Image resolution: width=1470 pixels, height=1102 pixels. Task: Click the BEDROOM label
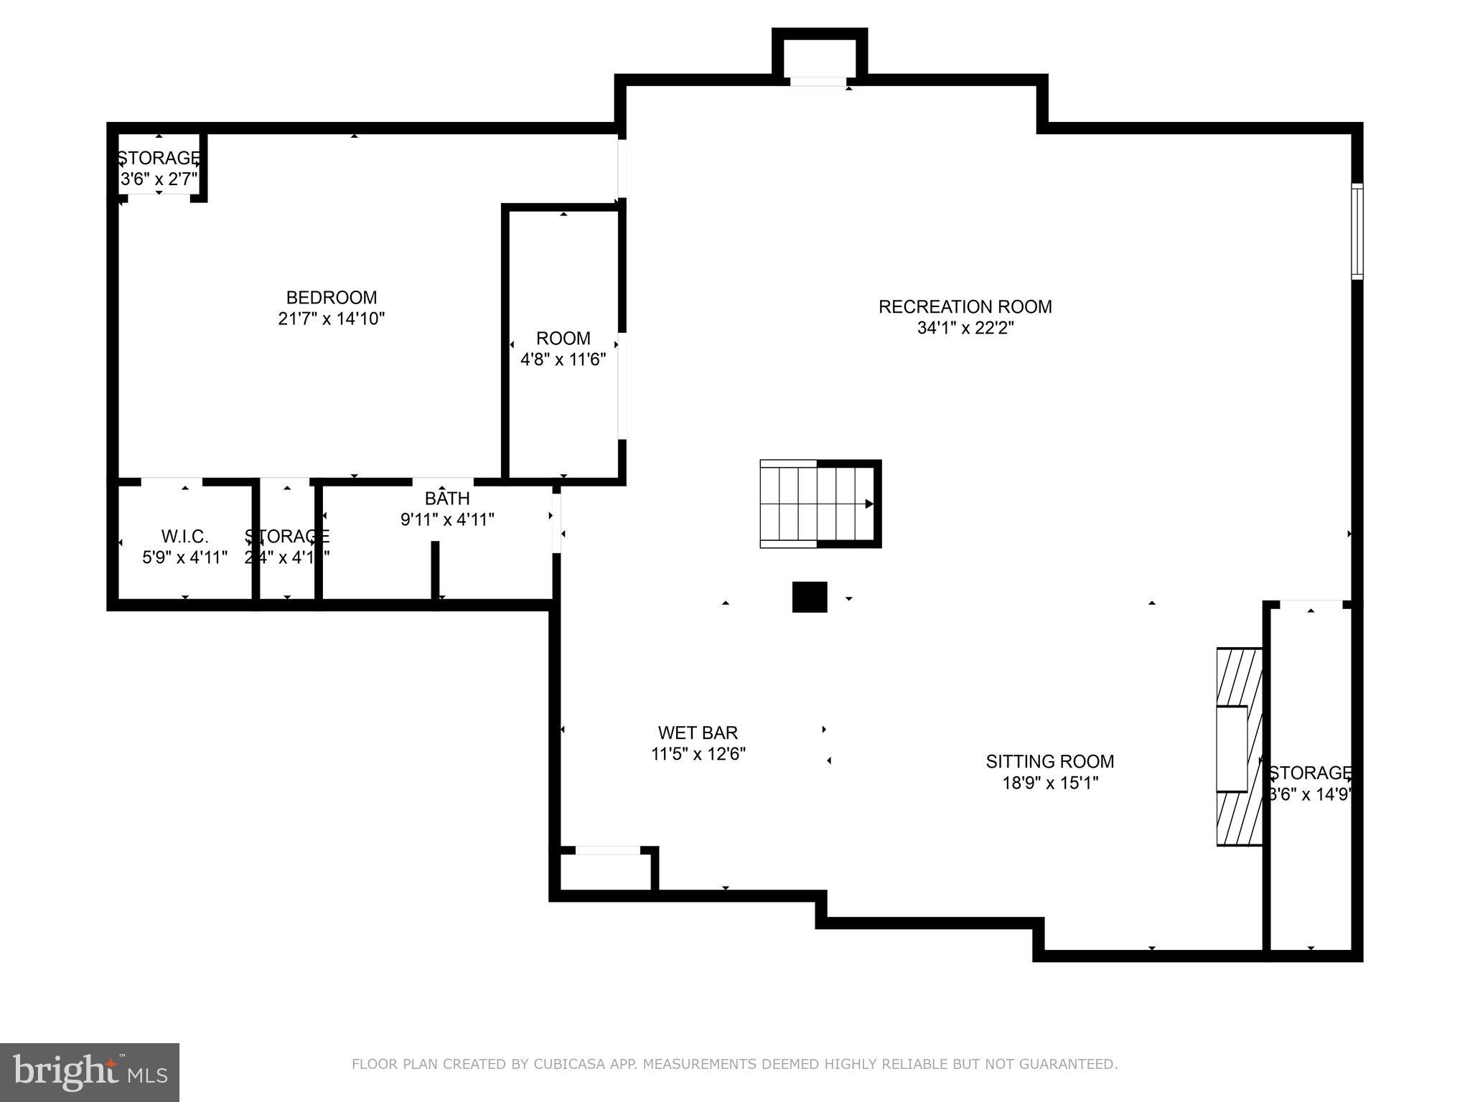331,297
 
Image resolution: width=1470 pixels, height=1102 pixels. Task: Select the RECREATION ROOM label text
965,306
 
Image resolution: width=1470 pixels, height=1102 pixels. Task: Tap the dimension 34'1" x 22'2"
965,328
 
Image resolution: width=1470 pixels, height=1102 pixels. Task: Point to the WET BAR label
698,733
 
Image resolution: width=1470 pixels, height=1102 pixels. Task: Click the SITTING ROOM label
1049,761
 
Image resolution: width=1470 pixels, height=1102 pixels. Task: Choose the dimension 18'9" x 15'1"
1049,783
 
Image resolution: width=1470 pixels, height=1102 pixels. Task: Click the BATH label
447,498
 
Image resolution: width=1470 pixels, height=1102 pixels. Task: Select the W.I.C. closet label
184,536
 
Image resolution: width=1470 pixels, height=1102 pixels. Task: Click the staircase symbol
818,504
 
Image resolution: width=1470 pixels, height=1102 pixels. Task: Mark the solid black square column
809,597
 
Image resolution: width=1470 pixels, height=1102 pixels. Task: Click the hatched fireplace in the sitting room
1238,747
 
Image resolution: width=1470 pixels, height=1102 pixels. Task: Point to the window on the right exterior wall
1357,231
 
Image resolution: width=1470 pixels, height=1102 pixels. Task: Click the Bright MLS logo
89,1072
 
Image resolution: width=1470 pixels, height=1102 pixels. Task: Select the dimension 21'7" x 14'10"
331,319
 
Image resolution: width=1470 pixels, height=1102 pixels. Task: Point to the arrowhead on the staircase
869,504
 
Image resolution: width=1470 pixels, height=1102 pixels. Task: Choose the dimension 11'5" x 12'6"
698,754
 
